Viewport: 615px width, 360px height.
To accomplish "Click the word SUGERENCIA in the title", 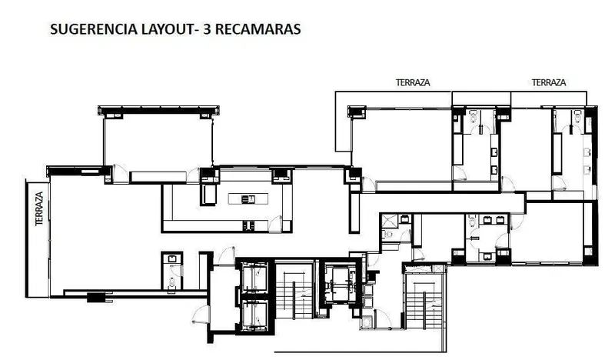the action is [94, 29].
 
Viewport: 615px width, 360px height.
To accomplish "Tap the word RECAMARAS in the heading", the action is [258, 29].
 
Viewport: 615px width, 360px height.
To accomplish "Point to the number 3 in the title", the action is [207, 29].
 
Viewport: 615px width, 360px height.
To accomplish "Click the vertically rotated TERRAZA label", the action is [39, 208].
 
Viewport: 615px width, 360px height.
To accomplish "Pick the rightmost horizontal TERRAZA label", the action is [549, 82].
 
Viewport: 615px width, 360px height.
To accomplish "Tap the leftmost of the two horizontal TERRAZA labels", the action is [413, 82].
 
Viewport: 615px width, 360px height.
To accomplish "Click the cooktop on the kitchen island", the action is [248, 199].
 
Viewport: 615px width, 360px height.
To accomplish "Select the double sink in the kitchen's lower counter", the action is [248, 225].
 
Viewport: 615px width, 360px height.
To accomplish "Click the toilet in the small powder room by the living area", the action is [171, 282].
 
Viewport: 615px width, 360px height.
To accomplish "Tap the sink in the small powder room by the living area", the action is [172, 258].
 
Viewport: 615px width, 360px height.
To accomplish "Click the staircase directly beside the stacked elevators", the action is [294, 291].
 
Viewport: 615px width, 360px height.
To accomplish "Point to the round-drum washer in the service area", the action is [367, 322].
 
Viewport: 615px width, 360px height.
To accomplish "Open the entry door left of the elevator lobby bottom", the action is [200, 315].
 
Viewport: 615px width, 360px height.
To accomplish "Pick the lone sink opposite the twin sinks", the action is [487, 256].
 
